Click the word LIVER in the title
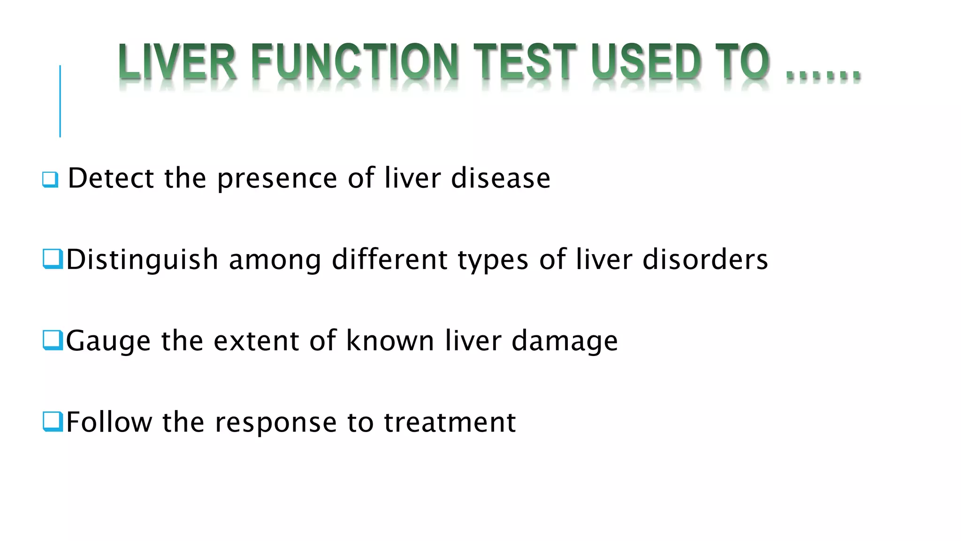pos(177,62)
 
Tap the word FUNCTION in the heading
pos(355,62)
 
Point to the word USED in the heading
pos(647,62)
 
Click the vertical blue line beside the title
pos(60,101)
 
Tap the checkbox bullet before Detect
pos(50,179)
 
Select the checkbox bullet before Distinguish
pos(53,259)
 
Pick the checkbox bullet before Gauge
pos(53,340)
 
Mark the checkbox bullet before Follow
pos(53,421)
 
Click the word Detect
pos(111,178)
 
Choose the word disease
pos(501,178)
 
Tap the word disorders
pos(705,260)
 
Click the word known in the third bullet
pos(390,340)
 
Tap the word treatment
pos(450,422)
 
